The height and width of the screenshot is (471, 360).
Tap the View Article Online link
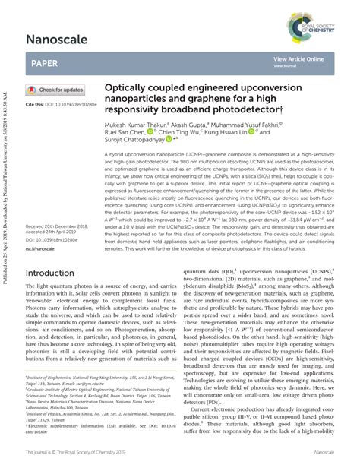pos(299,58)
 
